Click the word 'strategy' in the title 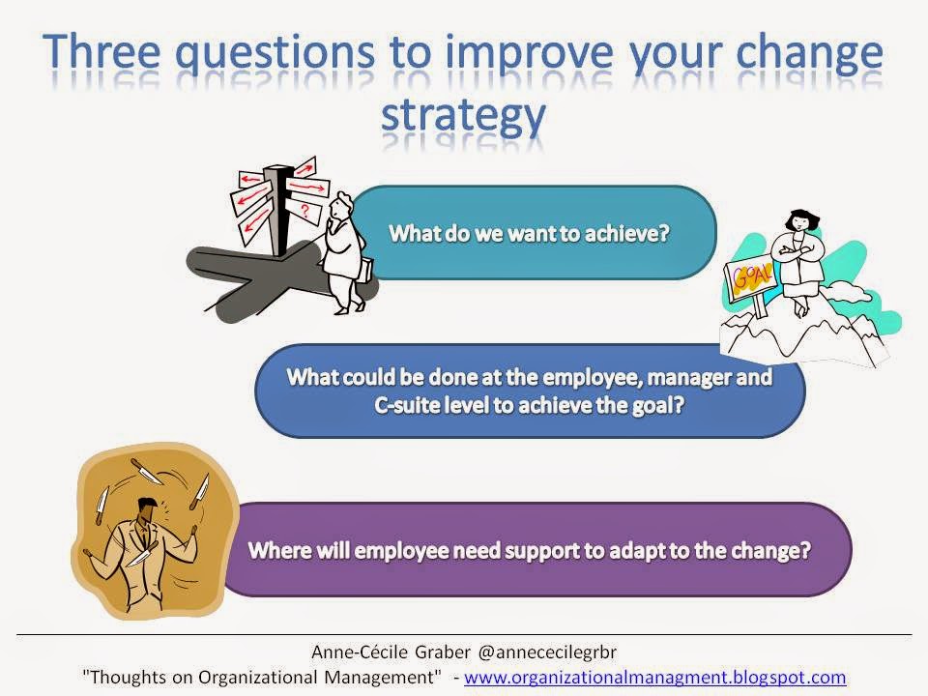[463, 116]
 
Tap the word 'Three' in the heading [101, 51]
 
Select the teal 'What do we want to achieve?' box [533, 233]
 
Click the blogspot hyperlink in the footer [654, 677]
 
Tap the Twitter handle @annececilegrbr [547, 652]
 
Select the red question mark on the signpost [305, 210]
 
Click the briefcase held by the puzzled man [366, 271]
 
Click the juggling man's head [147, 509]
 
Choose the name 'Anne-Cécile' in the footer [360, 652]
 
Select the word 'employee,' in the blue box [592, 378]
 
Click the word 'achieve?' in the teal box [626, 233]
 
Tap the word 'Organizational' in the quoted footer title [258, 677]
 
